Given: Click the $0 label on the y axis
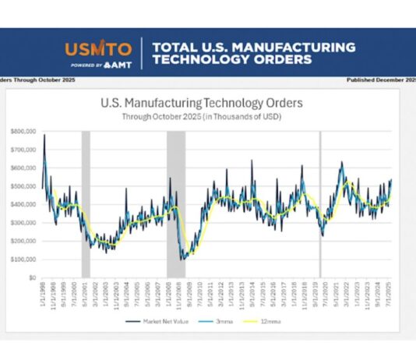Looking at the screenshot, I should click(x=32, y=277).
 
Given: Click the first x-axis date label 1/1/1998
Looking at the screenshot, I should click(x=43, y=293).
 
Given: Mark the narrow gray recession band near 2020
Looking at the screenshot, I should click(x=320, y=203).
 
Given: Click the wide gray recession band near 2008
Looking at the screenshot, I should click(x=176, y=203).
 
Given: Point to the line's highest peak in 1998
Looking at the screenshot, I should click(x=44, y=136).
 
